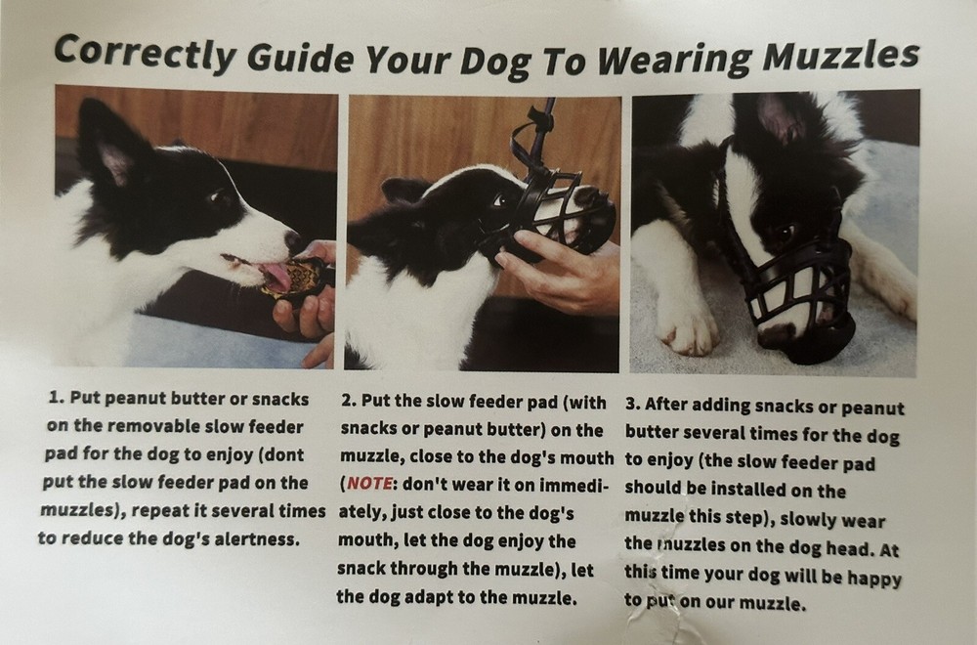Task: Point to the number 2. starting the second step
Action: click(349, 401)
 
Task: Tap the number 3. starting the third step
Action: click(632, 405)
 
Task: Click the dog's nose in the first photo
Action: click(291, 238)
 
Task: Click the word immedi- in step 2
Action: click(568, 484)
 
